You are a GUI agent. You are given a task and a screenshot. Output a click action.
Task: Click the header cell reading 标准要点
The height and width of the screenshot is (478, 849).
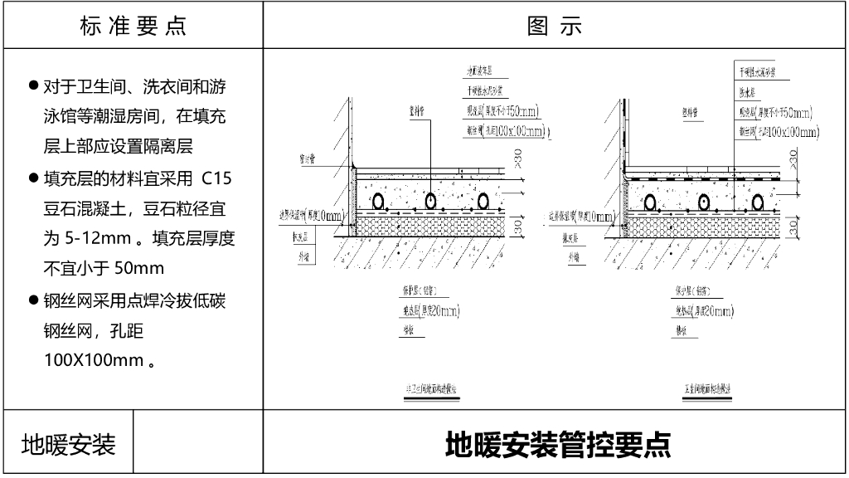point(133,26)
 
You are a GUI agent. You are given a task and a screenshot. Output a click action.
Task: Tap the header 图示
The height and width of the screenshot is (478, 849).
point(555,26)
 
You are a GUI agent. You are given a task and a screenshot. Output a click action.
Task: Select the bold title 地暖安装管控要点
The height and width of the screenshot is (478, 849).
point(557,445)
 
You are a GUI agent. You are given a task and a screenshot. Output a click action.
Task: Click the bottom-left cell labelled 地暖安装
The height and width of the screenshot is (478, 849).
point(68,445)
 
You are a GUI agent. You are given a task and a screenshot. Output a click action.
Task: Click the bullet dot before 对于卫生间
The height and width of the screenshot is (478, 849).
point(34,86)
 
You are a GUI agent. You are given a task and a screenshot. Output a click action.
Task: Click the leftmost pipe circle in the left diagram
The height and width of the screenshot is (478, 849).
point(378,201)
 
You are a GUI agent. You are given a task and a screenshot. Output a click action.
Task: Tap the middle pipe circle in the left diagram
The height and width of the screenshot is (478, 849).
point(430,201)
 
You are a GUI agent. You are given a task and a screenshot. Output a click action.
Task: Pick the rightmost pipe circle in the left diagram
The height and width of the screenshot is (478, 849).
point(483,201)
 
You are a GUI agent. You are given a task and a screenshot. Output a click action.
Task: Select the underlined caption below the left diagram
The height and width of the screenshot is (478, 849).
point(429,388)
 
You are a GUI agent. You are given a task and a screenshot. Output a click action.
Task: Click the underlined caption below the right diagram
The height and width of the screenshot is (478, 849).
point(707,388)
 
